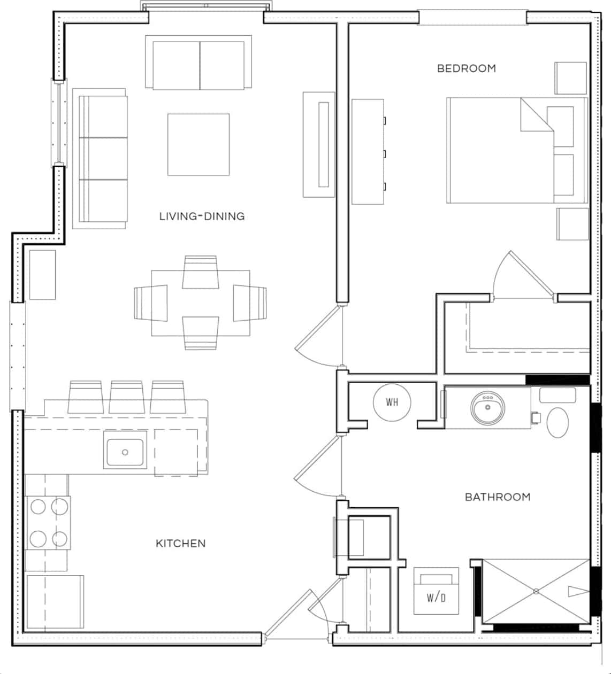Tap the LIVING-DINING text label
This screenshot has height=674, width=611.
click(202, 216)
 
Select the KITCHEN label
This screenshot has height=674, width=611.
click(180, 544)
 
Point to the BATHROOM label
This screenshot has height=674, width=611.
click(498, 497)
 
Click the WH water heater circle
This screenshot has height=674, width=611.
click(392, 402)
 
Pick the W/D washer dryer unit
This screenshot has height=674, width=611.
click(436, 591)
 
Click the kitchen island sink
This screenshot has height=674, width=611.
click(125, 452)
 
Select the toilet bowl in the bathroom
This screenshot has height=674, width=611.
click(557, 422)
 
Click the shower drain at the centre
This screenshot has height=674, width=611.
click(536, 591)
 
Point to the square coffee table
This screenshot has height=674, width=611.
click(198, 144)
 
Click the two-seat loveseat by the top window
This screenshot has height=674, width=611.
click(198, 63)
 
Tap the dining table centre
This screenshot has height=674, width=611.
click(200, 303)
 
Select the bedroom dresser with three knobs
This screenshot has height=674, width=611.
click(368, 151)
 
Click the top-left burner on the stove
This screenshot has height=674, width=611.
click(38, 506)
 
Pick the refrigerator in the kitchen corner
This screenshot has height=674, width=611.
click(55, 602)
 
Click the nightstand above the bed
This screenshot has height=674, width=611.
click(570, 78)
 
